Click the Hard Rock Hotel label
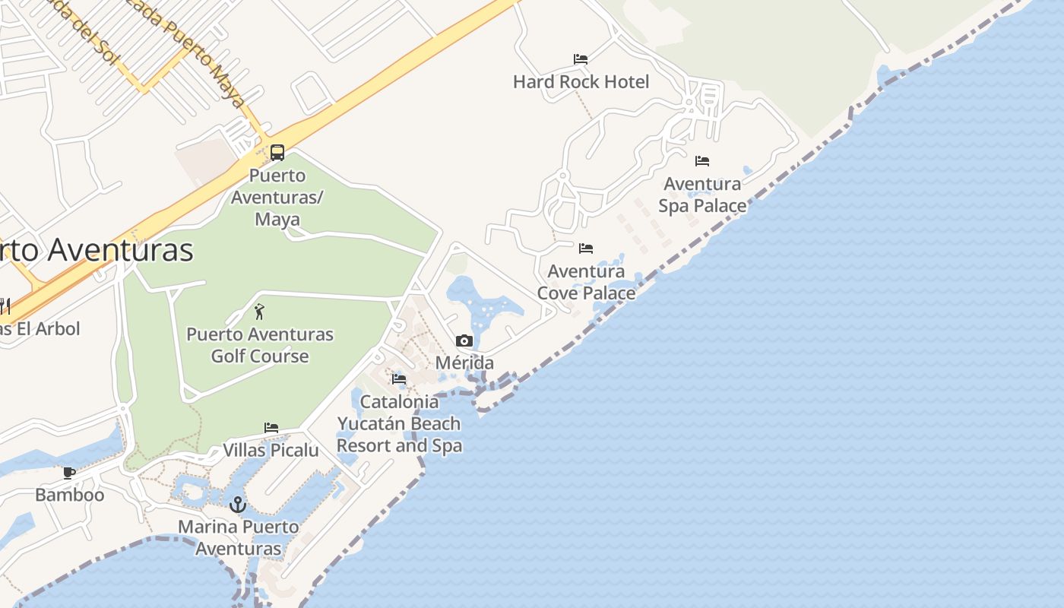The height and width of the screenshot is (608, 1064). (581, 81)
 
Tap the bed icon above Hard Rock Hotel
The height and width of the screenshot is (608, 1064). (581, 59)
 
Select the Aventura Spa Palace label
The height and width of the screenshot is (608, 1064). (702, 195)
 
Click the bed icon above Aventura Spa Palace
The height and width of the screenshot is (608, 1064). (702, 161)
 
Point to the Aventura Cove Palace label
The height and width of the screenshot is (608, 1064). (586, 282)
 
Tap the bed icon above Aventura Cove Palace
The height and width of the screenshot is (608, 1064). (586, 249)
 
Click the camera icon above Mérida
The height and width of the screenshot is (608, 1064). (464, 341)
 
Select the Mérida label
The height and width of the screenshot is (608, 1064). (464, 363)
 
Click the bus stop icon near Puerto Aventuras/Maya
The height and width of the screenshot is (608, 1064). (277, 153)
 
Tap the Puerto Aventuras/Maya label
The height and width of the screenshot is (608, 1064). (277, 197)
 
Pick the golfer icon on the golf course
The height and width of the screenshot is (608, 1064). (259, 312)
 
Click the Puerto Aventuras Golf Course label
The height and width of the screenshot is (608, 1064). (260, 345)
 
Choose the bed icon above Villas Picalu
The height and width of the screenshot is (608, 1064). (271, 428)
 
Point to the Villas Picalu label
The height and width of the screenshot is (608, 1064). (271, 450)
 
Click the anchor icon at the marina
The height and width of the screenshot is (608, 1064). (239, 505)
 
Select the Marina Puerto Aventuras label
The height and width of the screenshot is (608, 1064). (239, 537)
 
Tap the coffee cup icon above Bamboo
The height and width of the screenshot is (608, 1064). (69, 473)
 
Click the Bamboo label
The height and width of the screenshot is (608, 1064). (69, 495)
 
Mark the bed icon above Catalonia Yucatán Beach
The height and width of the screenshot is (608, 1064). (399, 379)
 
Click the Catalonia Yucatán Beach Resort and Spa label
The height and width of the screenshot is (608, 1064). (399, 423)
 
